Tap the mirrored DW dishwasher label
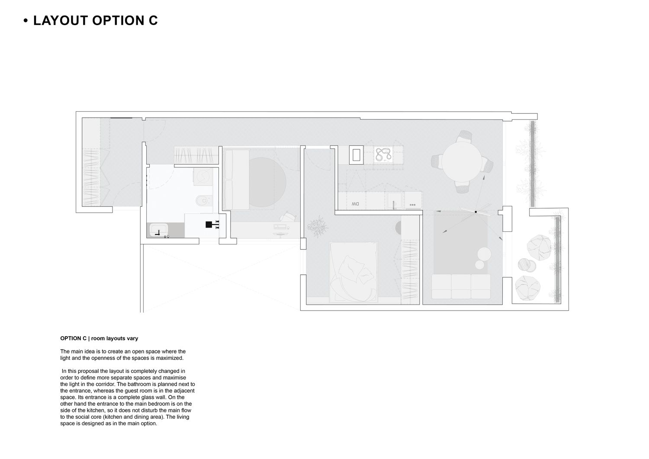tap(355, 204)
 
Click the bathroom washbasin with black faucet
tap(159, 230)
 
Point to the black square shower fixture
tap(209, 224)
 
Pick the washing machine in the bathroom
tap(202, 177)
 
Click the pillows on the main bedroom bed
tap(356, 270)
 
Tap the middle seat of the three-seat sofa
tap(461, 286)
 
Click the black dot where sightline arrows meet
tap(476, 212)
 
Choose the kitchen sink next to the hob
tap(395, 200)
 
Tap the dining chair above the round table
tap(464, 136)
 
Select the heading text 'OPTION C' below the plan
tap(73, 338)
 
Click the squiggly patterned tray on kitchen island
tap(383, 154)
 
